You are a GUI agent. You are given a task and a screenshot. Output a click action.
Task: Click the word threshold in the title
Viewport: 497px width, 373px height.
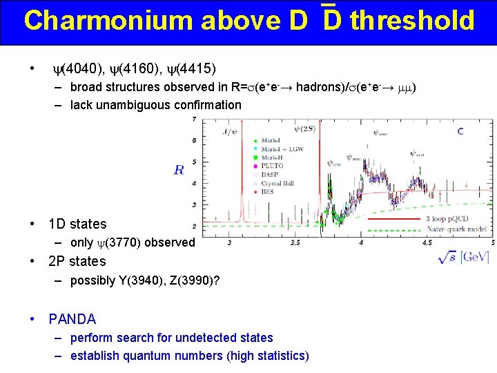pyautogui.click(x=412, y=21)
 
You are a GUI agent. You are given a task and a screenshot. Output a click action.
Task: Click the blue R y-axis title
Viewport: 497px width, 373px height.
pyautogui.click(x=179, y=169)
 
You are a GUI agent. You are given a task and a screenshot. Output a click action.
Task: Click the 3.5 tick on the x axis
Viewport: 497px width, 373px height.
pyautogui.click(x=295, y=243)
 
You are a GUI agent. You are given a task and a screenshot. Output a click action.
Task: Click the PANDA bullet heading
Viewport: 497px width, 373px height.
pyautogui.click(x=72, y=319)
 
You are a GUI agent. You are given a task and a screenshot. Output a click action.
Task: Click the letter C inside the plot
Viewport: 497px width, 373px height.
pyautogui.click(x=460, y=131)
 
